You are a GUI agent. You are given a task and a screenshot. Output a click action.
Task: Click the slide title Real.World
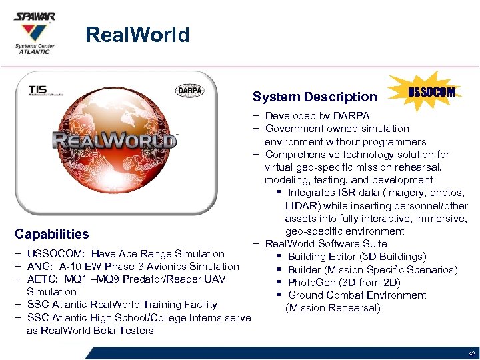click(x=137, y=35)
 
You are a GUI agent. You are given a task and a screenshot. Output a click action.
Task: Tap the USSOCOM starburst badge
click(x=431, y=92)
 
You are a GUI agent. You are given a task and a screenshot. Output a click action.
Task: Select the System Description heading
click(x=315, y=97)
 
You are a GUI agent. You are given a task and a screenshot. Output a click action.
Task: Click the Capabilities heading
click(x=51, y=234)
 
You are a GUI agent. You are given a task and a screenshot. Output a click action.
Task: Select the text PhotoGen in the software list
click(x=310, y=282)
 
